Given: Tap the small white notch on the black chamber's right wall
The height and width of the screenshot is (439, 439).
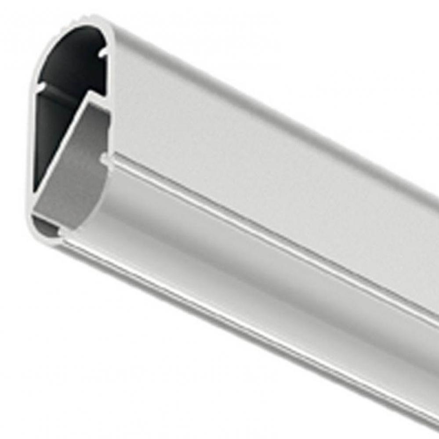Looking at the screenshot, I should click(x=102, y=53).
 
